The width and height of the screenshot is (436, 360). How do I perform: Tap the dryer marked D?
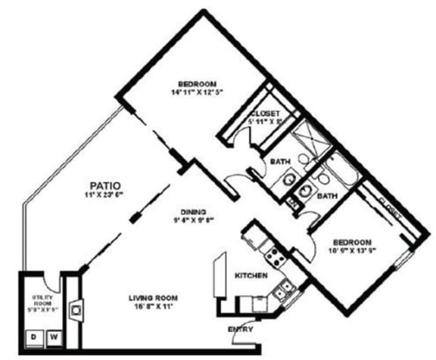(x=33, y=337)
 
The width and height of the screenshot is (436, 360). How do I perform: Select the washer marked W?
(x=53, y=337)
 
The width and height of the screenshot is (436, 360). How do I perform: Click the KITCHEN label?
(x=251, y=276)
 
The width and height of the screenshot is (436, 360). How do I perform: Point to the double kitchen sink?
(x=285, y=287)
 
